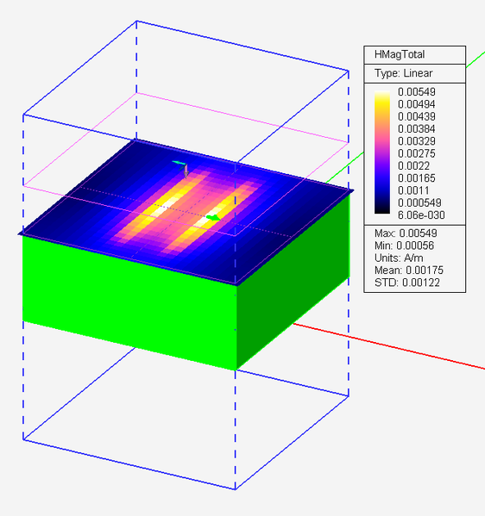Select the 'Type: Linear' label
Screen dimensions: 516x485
point(403,73)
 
